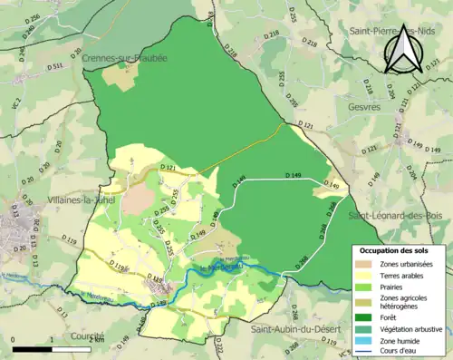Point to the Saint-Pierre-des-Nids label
[x=397, y=31]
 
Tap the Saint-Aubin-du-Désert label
[x=297, y=327]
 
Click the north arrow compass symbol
[x=400, y=50]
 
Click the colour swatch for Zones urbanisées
[x=364, y=264]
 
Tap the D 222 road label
[x=218, y=346]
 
